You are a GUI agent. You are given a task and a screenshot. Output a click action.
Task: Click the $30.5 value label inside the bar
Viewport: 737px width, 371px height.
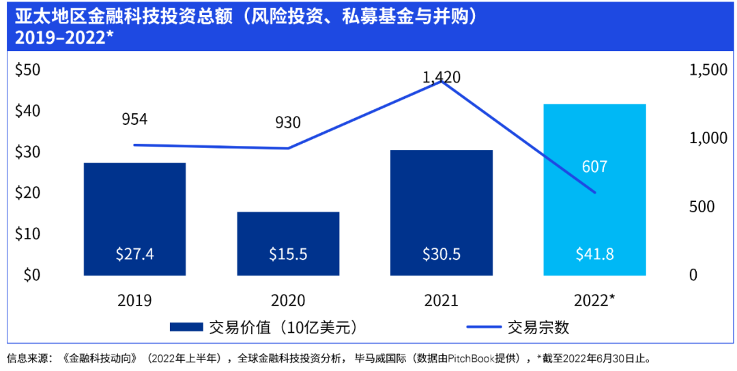(441, 254)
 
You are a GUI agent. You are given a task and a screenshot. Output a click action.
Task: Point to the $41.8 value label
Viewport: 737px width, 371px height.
(594, 254)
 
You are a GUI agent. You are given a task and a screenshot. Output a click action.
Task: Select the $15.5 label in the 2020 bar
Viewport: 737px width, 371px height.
(288, 254)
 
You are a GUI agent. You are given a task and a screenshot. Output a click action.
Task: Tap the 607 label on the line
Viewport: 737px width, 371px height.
(594, 166)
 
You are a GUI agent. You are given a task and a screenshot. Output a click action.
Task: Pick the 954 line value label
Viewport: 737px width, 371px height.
(134, 119)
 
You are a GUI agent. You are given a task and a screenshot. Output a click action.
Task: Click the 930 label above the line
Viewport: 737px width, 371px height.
(287, 123)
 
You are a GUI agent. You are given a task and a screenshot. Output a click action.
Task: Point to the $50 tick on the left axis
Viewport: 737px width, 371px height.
(28, 70)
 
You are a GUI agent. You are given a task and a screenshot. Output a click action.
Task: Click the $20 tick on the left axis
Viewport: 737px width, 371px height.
(28, 193)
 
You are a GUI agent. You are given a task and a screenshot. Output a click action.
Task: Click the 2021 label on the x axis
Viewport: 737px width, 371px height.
(441, 301)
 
